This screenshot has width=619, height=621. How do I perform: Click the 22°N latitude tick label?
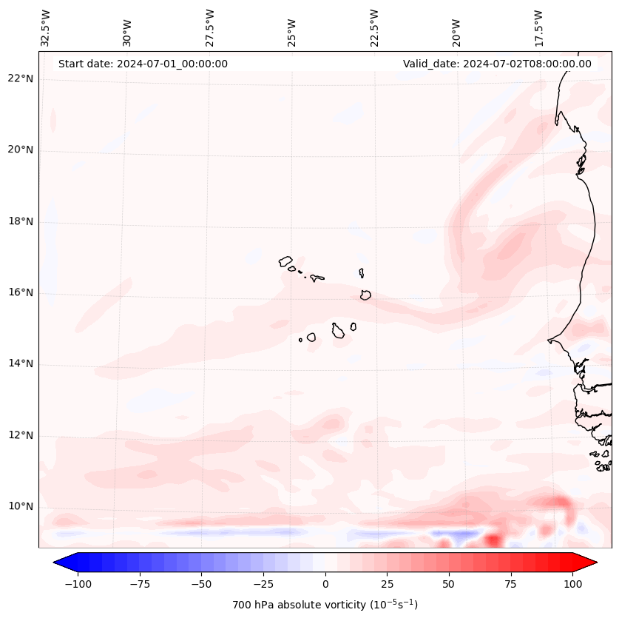21,79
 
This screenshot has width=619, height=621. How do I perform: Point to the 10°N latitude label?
21,507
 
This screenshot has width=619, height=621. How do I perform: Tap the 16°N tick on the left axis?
21,293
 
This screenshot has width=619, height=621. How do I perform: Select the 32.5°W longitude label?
46,27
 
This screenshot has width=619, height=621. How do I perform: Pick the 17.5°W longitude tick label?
538,27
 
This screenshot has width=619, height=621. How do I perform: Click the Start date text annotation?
143,64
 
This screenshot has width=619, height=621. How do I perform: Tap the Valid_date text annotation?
497,64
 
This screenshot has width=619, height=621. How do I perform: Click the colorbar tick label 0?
325,584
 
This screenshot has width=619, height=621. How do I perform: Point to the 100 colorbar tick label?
572,584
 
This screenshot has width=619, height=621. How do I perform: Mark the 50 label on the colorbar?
448,584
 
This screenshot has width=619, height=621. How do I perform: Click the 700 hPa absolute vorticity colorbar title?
325,605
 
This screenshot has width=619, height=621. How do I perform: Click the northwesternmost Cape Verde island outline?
285,261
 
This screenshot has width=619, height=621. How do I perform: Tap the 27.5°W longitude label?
210,27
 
